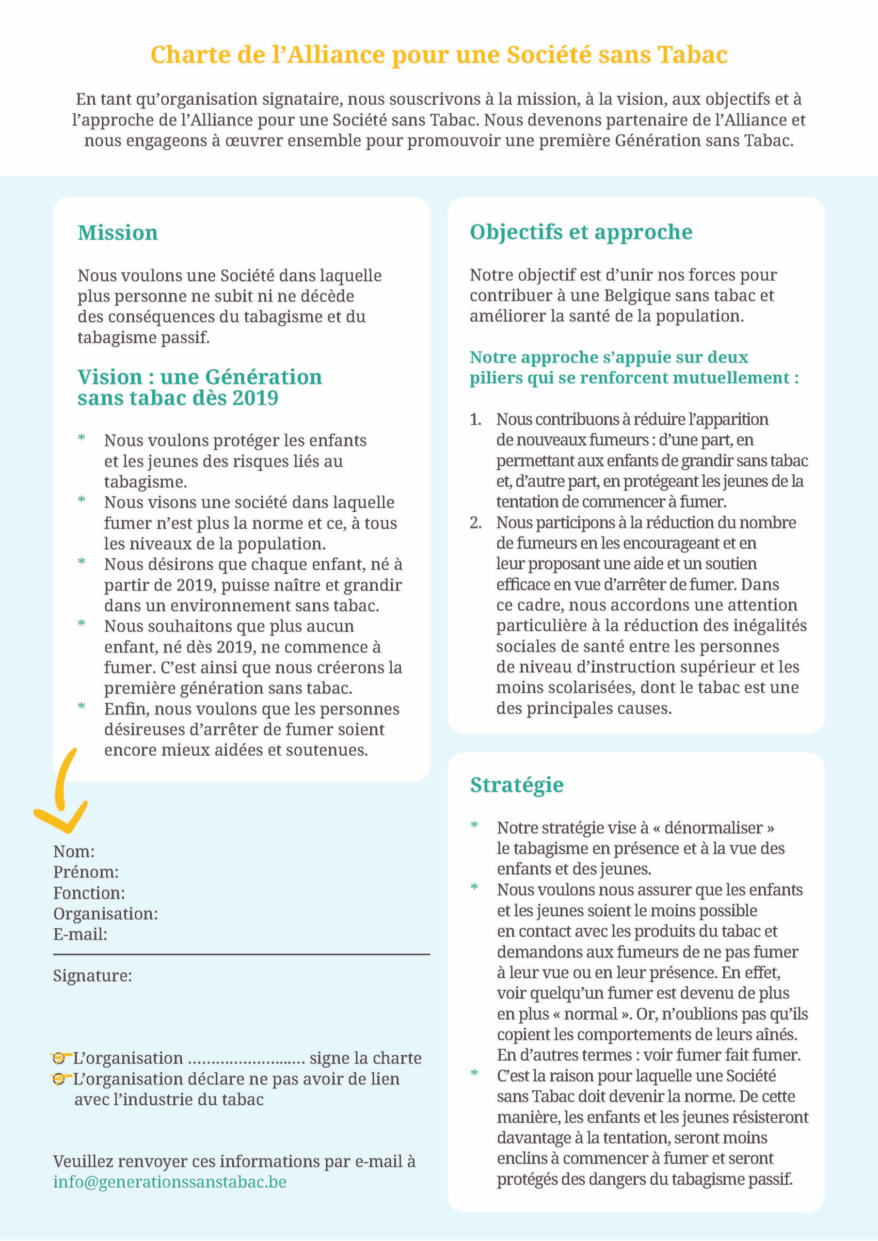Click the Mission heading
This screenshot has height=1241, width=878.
tap(118, 233)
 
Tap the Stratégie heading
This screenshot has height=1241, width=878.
tap(516, 785)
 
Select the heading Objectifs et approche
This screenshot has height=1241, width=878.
tap(581, 232)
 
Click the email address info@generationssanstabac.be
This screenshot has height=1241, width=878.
tap(170, 1181)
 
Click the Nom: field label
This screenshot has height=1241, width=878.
tap(74, 851)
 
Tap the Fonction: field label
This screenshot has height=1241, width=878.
tap(89, 893)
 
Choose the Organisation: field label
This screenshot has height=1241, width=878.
tap(105, 913)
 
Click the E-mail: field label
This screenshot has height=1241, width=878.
tap(80, 934)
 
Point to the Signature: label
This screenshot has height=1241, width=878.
tap(93, 976)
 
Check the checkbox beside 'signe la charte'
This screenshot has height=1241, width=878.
tap(59, 1058)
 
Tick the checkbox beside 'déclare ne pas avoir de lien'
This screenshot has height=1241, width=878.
tap(59, 1079)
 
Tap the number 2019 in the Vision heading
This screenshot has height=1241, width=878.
tap(255, 398)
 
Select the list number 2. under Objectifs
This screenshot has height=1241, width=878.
tap(475, 523)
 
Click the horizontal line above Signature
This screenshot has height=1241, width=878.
tap(241, 955)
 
